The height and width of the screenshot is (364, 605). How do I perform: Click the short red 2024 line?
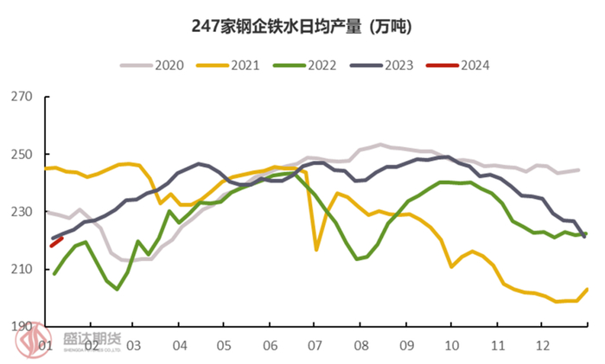56,241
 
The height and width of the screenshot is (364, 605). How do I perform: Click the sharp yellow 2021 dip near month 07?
317,250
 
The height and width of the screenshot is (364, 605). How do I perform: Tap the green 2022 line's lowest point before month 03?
117,290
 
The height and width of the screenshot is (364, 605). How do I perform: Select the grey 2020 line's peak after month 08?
380,144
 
